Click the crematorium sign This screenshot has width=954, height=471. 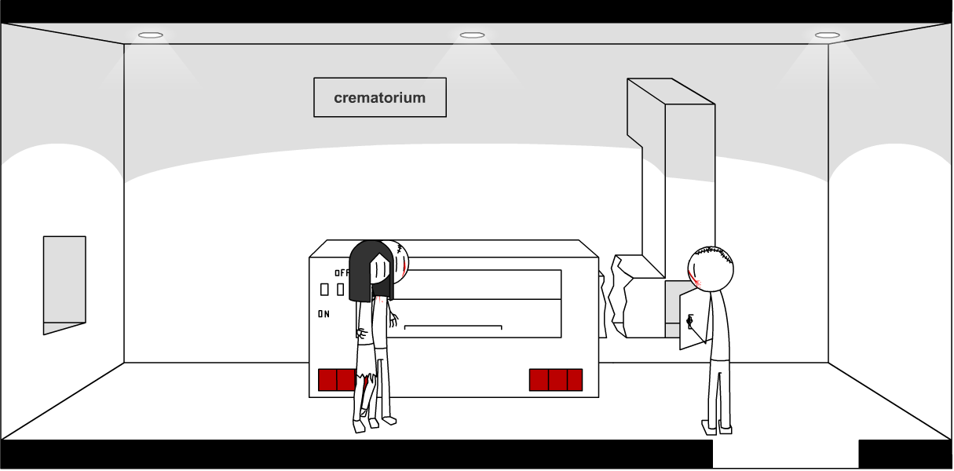pos(380,97)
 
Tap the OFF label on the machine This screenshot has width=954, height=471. pos(342,273)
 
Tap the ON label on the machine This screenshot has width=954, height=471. pos(323,314)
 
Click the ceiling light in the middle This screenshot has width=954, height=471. pos(472,35)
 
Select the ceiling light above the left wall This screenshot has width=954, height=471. pos(151,35)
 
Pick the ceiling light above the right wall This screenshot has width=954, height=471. pos(827,35)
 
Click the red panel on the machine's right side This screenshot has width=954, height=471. pos(556,380)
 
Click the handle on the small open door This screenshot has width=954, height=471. pos(689,321)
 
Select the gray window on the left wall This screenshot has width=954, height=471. pos(64,280)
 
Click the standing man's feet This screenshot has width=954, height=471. pos(716,428)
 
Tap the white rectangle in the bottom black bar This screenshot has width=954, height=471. pos(785,455)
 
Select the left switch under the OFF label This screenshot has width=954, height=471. pos(324,290)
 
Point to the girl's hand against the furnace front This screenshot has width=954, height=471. pos(393,319)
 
